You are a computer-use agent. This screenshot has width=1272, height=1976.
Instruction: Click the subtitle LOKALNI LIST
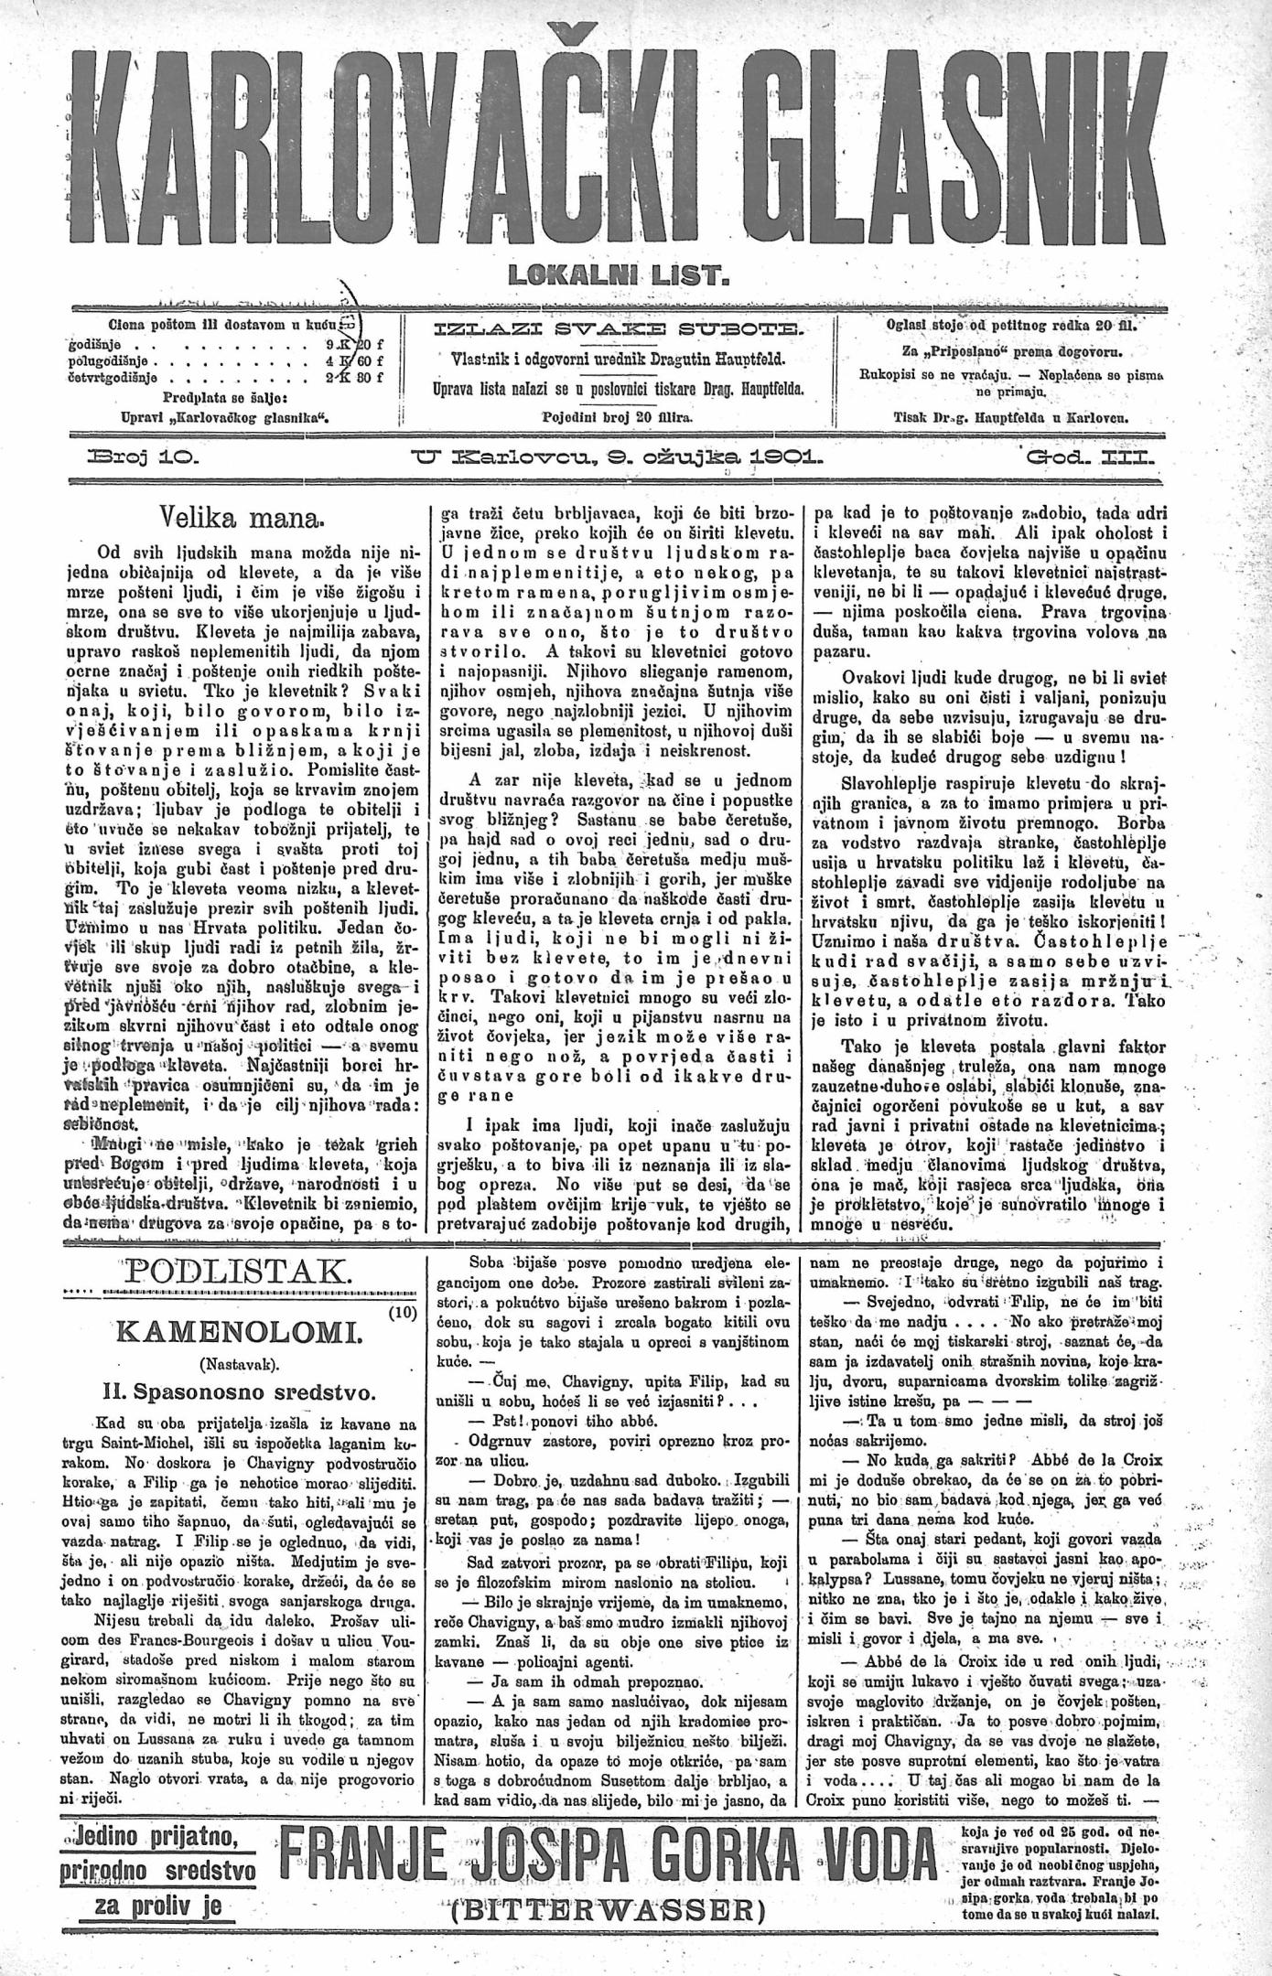click(x=634, y=274)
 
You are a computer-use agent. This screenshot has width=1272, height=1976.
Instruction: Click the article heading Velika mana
click(x=241, y=521)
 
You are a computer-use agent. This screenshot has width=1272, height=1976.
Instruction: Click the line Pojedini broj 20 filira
click(x=618, y=417)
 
